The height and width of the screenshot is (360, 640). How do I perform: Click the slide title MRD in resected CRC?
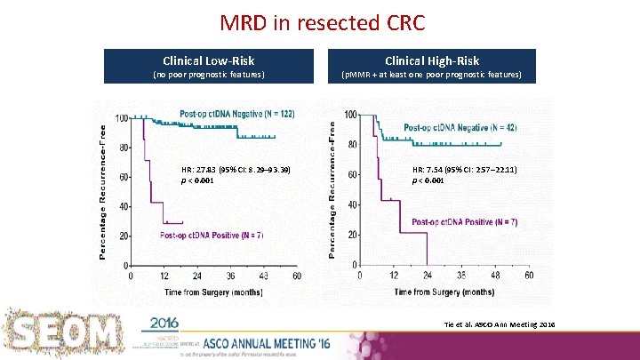[x=320, y=20]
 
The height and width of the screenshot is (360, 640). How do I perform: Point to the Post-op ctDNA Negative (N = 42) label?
[x=460, y=127]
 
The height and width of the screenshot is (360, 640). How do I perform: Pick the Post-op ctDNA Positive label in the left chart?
[x=212, y=235]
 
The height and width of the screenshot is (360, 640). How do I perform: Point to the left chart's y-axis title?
[x=103, y=190]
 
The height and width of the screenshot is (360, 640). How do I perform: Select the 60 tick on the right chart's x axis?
[x=530, y=276]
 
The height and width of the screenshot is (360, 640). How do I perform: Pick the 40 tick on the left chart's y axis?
[x=122, y=206]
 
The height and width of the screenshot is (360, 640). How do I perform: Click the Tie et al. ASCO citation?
[x=500, y=326]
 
